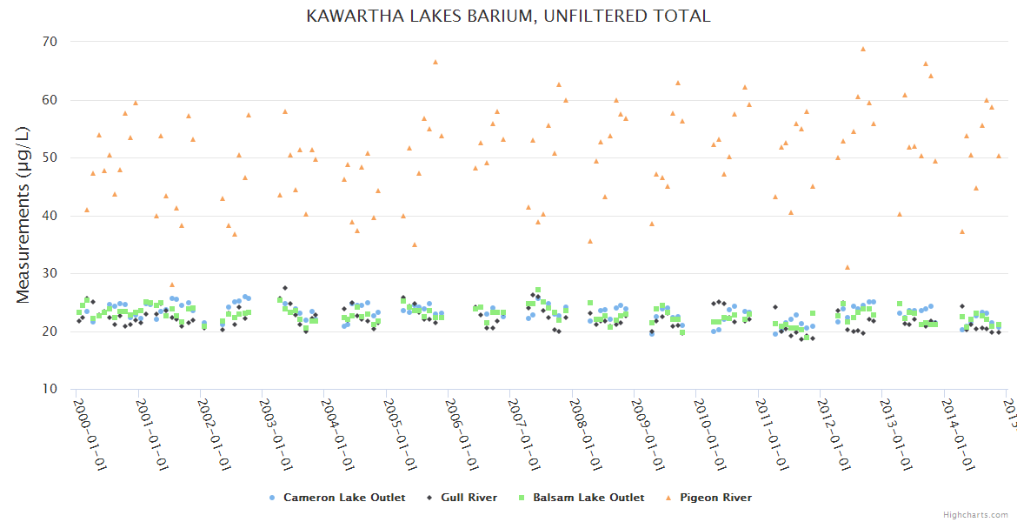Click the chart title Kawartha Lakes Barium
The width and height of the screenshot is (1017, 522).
click(x=508, y=16)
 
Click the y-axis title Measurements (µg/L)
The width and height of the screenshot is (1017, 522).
click(x=23, y=216)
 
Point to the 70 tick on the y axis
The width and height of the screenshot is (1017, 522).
click(x=50, y=42)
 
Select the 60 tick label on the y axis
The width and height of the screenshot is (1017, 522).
click(x=50, y=100)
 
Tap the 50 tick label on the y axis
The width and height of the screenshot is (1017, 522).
click(x=50, y=157)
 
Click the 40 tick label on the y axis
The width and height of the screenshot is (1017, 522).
click(x=50, y=216)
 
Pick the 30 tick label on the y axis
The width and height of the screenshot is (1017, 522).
click(x=50, y=273)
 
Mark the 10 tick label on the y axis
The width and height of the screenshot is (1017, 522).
click(x=50, y=389)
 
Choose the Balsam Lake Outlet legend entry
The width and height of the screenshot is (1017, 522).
click(x=588, y=498)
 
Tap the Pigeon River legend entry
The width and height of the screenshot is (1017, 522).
click(x=715, y=498)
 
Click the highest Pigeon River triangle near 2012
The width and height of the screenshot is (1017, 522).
click(x=862, y=50)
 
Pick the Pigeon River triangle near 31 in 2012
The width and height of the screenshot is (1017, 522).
click(x=847, y=268)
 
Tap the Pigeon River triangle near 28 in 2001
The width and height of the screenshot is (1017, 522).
click(x=172, y=284)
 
